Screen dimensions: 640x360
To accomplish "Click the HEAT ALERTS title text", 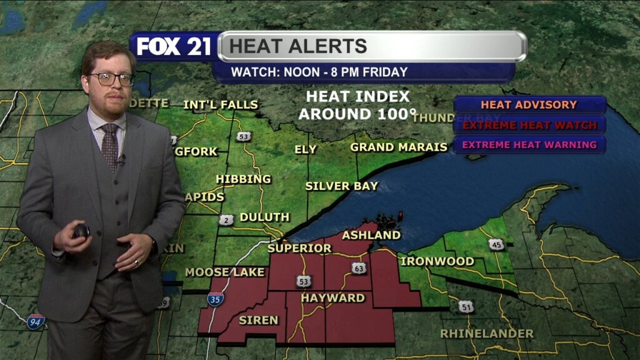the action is click(298, 46).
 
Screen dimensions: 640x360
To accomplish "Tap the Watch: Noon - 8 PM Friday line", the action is click(319, 72).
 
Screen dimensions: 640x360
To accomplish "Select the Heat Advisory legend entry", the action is click(529, 105).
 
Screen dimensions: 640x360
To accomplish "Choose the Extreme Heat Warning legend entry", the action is click(529, 145).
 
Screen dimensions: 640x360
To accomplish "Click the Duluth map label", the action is click(264, 217).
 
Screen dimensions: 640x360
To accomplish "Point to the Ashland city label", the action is click(371, 235).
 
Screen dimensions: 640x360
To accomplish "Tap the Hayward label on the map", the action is click(332, 298).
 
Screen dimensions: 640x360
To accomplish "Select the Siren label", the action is click(258, 320).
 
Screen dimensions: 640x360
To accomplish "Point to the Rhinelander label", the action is click(487, 334).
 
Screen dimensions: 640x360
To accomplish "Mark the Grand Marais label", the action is click(399, 147).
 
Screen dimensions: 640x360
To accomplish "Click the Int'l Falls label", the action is click(221, 104).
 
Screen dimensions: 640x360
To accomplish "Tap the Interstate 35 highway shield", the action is click(216, 299).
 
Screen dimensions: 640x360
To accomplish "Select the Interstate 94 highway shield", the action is click(36, 322).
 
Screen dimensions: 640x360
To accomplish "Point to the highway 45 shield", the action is click(497, 244).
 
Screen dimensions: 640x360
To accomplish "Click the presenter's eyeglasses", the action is click(112, 79).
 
